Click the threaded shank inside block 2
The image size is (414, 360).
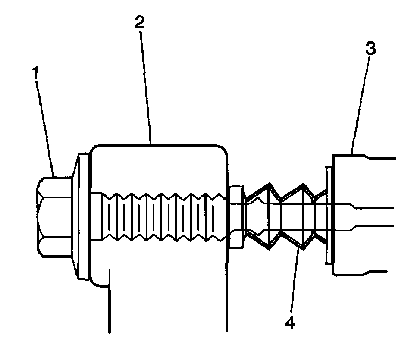point(160,216)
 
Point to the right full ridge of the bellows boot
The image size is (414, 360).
point(304,216)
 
